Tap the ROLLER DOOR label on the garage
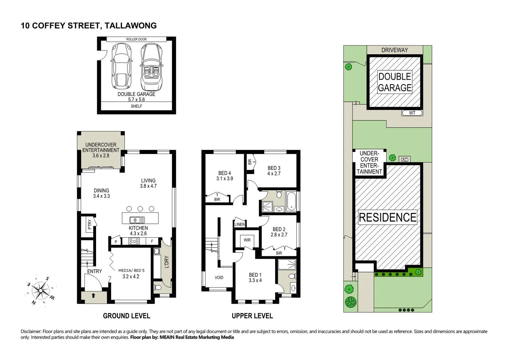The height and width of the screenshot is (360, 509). pos(136,39)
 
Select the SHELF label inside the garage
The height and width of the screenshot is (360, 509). pos(136,106)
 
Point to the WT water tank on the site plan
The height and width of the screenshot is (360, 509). pos(412,113)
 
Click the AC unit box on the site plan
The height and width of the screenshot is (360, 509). pos(404,160)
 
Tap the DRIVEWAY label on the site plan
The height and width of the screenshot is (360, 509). pos(395,50)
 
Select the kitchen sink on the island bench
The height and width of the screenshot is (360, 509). pos(137,220)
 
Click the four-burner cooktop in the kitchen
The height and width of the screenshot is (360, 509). pos(134,241)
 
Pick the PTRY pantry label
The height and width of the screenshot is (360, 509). pos(89,224)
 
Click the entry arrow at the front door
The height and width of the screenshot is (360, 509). pos(93,295)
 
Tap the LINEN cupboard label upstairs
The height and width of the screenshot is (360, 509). pos(239,224)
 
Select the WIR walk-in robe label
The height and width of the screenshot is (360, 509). pos(247,240)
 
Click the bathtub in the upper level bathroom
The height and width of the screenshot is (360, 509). pos(291,201)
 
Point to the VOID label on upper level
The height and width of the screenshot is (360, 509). pos(219,277)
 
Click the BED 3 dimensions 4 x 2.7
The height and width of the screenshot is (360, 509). pos(274,174)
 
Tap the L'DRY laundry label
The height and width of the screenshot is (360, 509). pos(166,262)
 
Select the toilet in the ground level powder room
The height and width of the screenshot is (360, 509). pos(157,287)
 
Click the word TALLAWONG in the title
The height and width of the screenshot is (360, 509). pos(130,26)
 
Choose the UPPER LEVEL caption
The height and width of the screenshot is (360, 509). pos(252,316)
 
